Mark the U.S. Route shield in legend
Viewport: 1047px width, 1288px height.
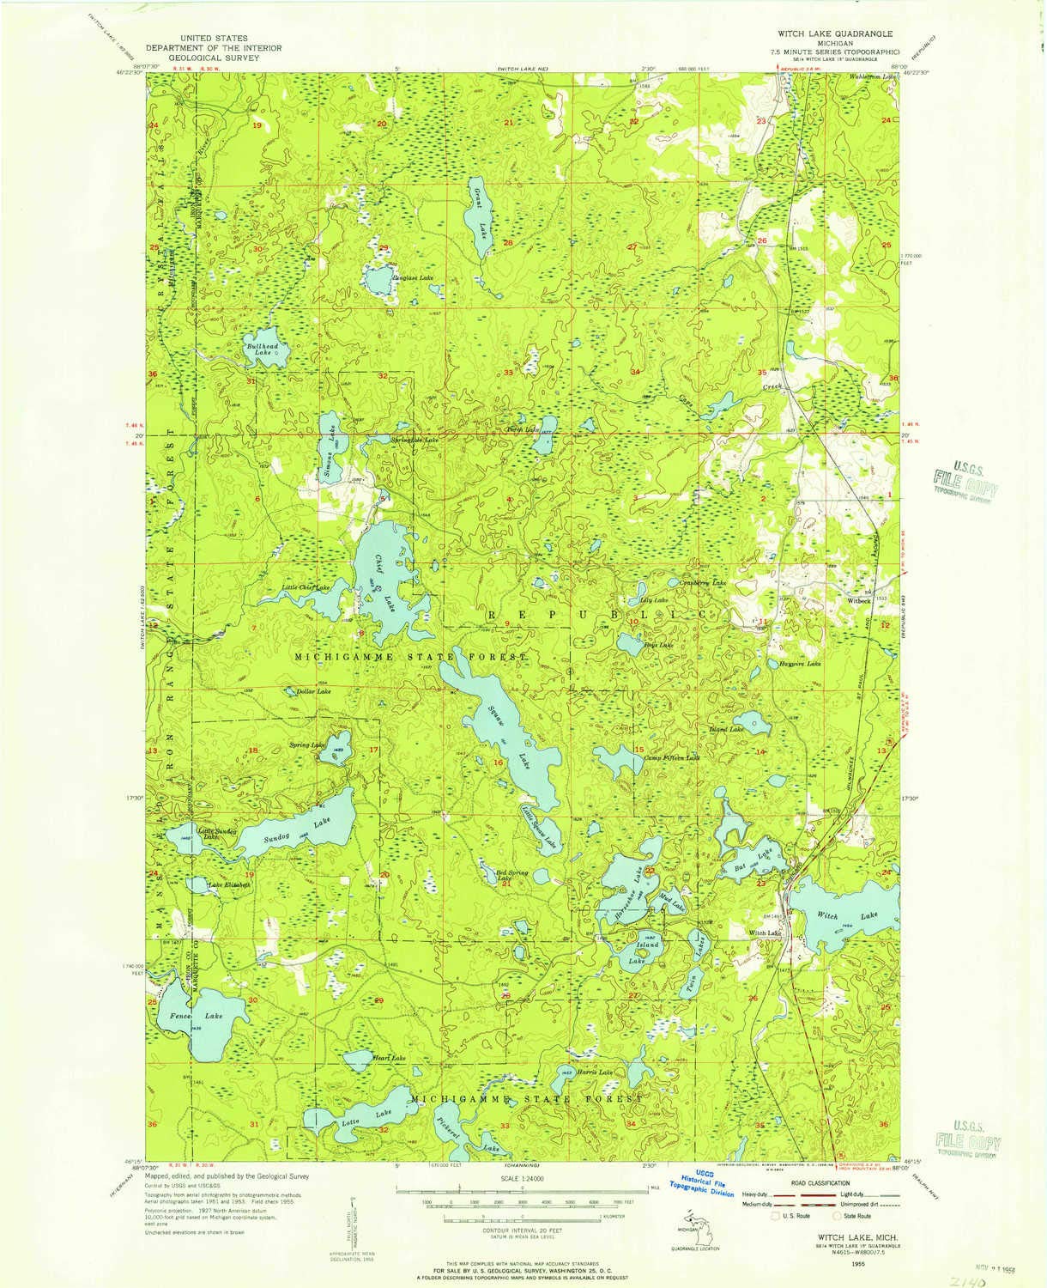[779, 1215]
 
